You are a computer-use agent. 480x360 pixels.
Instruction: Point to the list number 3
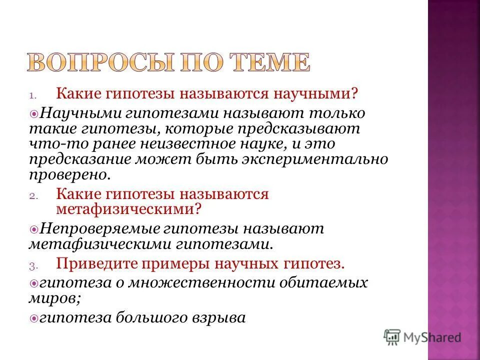pyautogui.click(x=32, y=265)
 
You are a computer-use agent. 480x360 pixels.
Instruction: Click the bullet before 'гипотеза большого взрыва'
pyautogui.click(x=34, y=318)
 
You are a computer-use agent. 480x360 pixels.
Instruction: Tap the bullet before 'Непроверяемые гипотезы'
pyautogui.click(x=34, y=229)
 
